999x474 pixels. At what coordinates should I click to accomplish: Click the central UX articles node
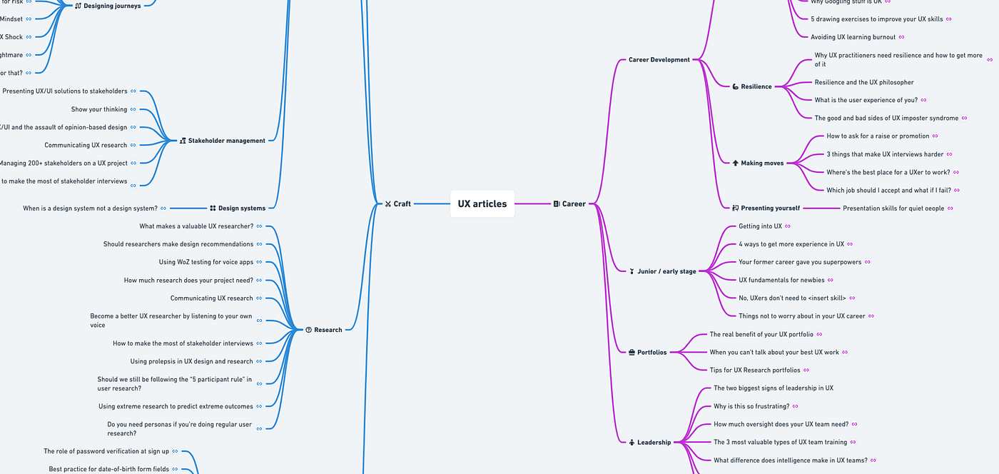(x=482, y=204)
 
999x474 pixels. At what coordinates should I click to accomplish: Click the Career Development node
(x=659, y=60)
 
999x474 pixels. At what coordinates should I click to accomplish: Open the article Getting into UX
(x=760, y=226)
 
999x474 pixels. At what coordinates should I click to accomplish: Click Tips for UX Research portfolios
(x=754, y=370)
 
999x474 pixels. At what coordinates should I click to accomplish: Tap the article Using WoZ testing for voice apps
(x=206, y=262)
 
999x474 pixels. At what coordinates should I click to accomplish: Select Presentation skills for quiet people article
(x=893, y=208)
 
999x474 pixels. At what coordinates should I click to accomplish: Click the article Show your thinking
(x=99, y=109)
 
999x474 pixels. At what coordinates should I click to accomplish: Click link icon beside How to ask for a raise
(x=935, y=136)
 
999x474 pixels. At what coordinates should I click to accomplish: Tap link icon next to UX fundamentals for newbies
(x=831, y=281)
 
